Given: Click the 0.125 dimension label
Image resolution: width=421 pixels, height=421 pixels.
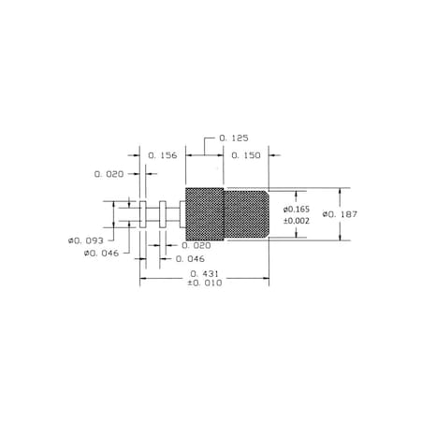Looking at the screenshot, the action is pyautogui.click(x=234, y=138).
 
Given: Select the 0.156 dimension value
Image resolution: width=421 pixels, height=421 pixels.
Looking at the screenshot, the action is pyautogui.click(x=163, y=155).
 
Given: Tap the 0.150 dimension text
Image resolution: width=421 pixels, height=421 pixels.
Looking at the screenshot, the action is pyautogui.click(x=246, y=155).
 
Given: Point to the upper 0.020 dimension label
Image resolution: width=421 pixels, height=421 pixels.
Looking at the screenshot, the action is pyautogui.click(x=109, y=174).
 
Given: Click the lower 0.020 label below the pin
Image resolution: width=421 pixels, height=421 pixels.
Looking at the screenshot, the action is pyautogui.click(x=196, y=246).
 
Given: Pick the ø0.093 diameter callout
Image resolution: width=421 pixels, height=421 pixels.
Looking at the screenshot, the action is pyautogui.click(x=86, y=240).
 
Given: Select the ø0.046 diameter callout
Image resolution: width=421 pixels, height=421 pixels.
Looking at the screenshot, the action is pyautogui.click(x=101, y=254).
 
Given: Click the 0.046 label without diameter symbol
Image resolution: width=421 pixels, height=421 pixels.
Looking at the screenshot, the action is pyautogui.click(x=190, y=259).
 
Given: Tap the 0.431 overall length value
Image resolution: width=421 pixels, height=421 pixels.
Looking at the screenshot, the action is pyautogui.click(x=204, y=274).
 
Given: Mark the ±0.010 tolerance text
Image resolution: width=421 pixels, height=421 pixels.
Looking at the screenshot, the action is pyautogui.click(x=205, y=283).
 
